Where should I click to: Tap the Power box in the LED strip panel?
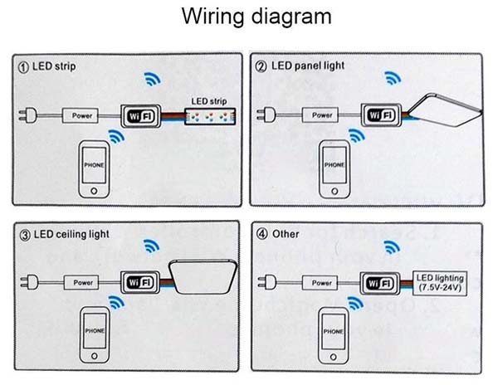click(82, 115)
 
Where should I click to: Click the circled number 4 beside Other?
click(261, 233)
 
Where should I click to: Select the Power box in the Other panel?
click(319, 282)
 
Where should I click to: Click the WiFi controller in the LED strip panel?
click(140, 115)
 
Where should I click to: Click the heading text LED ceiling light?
click(72, 233)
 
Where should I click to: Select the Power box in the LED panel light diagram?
click(325, 115)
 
